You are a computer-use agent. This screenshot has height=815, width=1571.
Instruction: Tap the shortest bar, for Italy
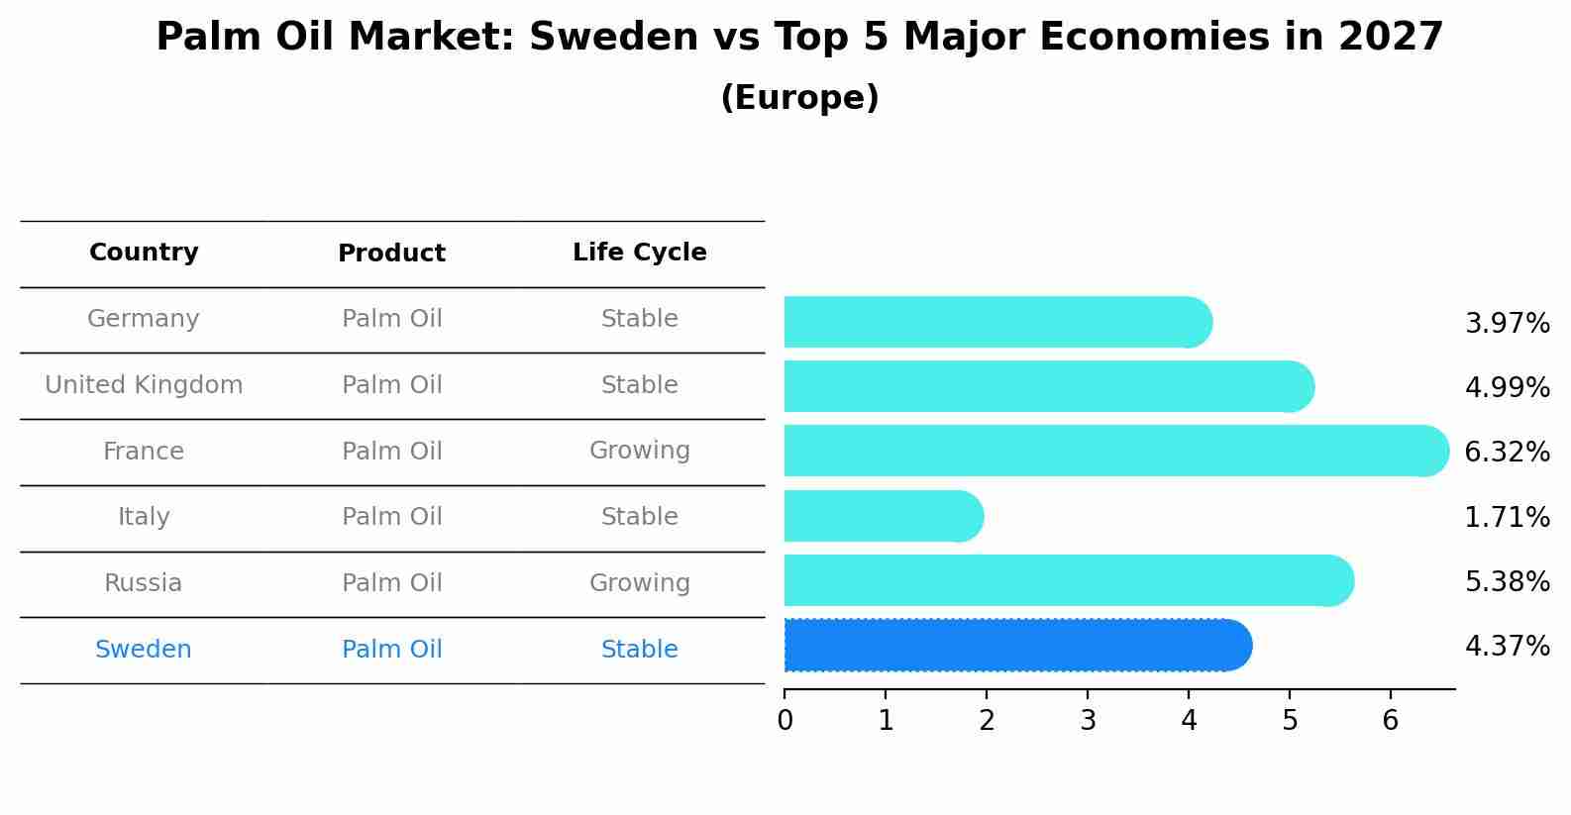point(883,516)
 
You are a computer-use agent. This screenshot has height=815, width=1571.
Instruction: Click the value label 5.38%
point(1507,581)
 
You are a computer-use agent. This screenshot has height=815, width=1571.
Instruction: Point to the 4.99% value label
point(1507,387)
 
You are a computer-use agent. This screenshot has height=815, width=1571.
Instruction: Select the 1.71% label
point(1507,517)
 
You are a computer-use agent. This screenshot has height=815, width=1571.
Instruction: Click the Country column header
point(144,253)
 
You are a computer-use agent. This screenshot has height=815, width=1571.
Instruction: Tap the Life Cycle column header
point(639,253)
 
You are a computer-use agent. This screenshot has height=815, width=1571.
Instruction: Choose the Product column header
point(391,254)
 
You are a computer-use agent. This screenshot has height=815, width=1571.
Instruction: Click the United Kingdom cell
point(144,385)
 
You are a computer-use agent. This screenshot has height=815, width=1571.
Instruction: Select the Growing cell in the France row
point(639,451)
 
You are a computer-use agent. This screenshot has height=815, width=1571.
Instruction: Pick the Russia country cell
point(144,583)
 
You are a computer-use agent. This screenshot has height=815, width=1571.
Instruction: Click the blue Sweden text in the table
point(144,650)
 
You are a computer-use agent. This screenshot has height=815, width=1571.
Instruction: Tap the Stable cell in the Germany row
point(639,319)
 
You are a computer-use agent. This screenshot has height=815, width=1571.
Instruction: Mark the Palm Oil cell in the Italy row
point(391,517)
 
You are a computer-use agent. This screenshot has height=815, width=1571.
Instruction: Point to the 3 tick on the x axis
point(1088,720)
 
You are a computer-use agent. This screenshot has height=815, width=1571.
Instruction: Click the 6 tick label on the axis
point(1390,720)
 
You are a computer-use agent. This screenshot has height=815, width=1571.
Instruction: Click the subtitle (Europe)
point(799,98)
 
